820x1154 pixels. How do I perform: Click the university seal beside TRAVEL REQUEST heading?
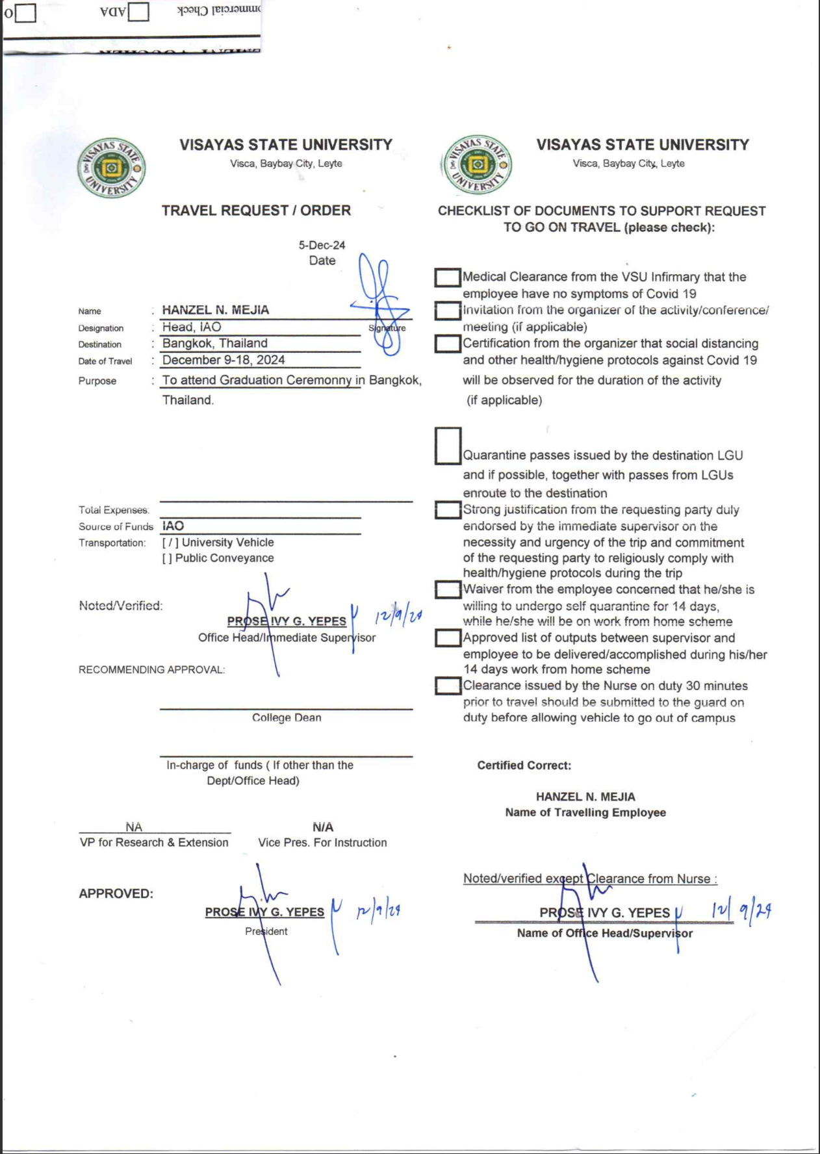(x=111, y=168)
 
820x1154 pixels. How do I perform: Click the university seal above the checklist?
(x=477, y=164)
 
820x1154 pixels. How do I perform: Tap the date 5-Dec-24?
(x=322, y=245)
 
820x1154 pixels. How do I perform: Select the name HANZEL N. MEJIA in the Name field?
(x=215, y=310)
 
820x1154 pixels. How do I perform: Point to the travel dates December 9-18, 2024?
(x=224, y=360)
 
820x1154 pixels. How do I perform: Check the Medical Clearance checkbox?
(x=447, y=277)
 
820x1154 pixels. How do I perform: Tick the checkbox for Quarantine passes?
(x=448, y=446)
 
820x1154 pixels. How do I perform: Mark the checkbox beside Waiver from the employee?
(x=448, y=589)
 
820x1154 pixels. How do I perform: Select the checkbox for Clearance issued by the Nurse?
(x=448, y=686)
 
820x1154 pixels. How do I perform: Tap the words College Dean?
(x=287, y=717)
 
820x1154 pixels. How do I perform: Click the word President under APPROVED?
(x=266, y=931)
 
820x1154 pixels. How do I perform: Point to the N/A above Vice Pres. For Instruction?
(x=323, y=827)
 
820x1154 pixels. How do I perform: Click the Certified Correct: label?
(x=524, y=765)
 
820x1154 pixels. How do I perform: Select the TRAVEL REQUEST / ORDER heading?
(x=256, y=211)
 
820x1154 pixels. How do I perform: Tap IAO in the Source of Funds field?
(x=173, y=526)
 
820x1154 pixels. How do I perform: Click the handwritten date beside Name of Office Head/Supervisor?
(x=741, y=911)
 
